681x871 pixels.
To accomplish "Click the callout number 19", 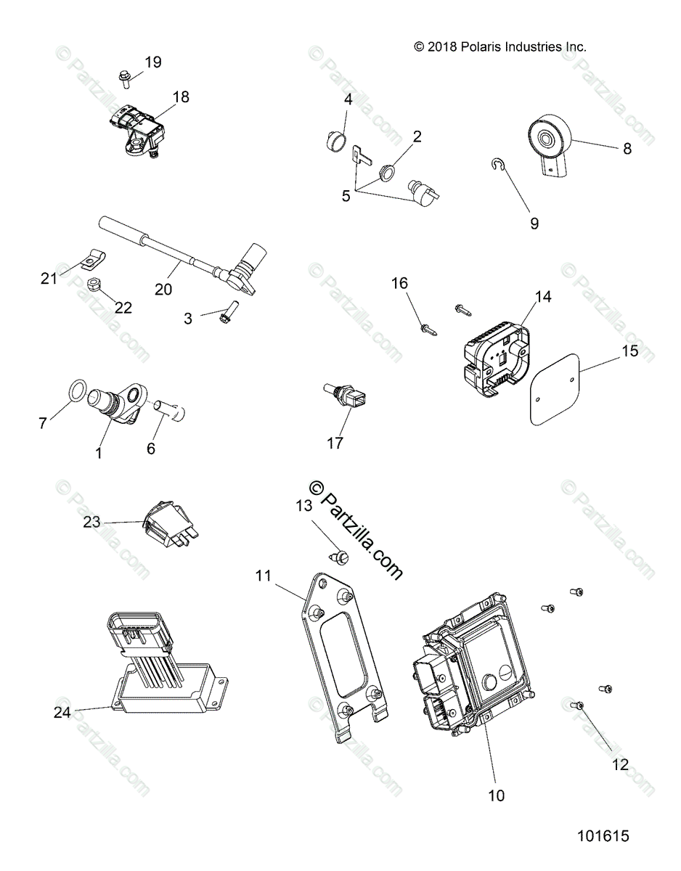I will point(152,62).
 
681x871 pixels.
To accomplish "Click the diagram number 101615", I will point(603,836).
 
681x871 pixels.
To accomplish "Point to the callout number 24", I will point(62,712).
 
